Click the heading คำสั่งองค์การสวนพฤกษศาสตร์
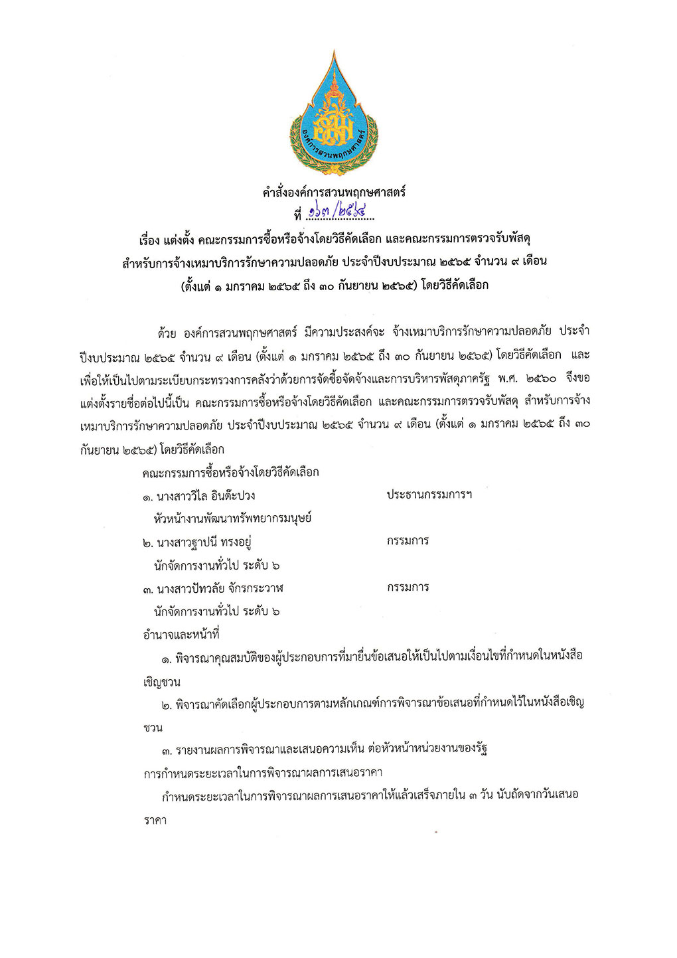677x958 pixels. click(334, 193)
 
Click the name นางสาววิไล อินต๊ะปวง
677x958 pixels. click(206, 496)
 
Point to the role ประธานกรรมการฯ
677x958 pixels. click(429, 495)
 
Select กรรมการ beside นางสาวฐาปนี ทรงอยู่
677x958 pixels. click(408, 541)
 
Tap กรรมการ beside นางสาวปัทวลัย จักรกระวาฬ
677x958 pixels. click(408, 588)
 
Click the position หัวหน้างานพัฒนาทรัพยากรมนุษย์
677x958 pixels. click(232, 519)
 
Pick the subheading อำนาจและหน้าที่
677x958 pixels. click(181, 634)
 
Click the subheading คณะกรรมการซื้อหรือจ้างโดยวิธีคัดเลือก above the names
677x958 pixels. click(230, 473)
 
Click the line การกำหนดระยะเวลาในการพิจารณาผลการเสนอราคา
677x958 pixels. click(263, 773)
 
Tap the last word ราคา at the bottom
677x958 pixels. click(155, 821)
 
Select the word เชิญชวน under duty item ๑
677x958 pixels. click(161, 682)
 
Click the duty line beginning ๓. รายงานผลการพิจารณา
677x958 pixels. click(325, 750)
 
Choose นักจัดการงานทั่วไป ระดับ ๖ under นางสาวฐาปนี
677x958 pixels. click(216, 566)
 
